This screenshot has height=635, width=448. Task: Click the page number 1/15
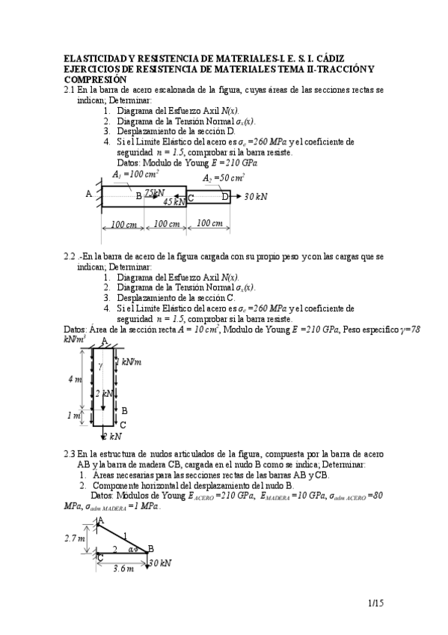click(376, 601)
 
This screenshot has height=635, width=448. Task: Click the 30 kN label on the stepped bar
click(256, 196)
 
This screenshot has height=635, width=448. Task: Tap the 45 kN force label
click(174, 201)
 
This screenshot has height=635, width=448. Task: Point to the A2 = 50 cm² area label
click(224, 177)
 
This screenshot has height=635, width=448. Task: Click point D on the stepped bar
click(225, 196)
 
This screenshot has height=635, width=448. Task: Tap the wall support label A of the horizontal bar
click(89, 193)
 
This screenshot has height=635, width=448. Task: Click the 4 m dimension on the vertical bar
click(75, 380)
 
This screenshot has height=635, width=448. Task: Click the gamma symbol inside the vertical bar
click(100, 365)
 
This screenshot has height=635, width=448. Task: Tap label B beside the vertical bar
click(124, 410)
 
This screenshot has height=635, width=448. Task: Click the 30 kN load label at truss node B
click(161, 562)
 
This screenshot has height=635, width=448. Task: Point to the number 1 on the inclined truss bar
click(125, 534)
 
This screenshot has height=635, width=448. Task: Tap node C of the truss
click(99, 557)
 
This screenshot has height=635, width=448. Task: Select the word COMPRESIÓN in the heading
click(96, 79)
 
